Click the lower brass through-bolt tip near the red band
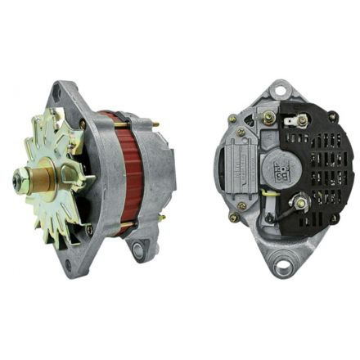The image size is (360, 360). point(123,232)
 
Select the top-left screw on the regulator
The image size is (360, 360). point(232,120)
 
